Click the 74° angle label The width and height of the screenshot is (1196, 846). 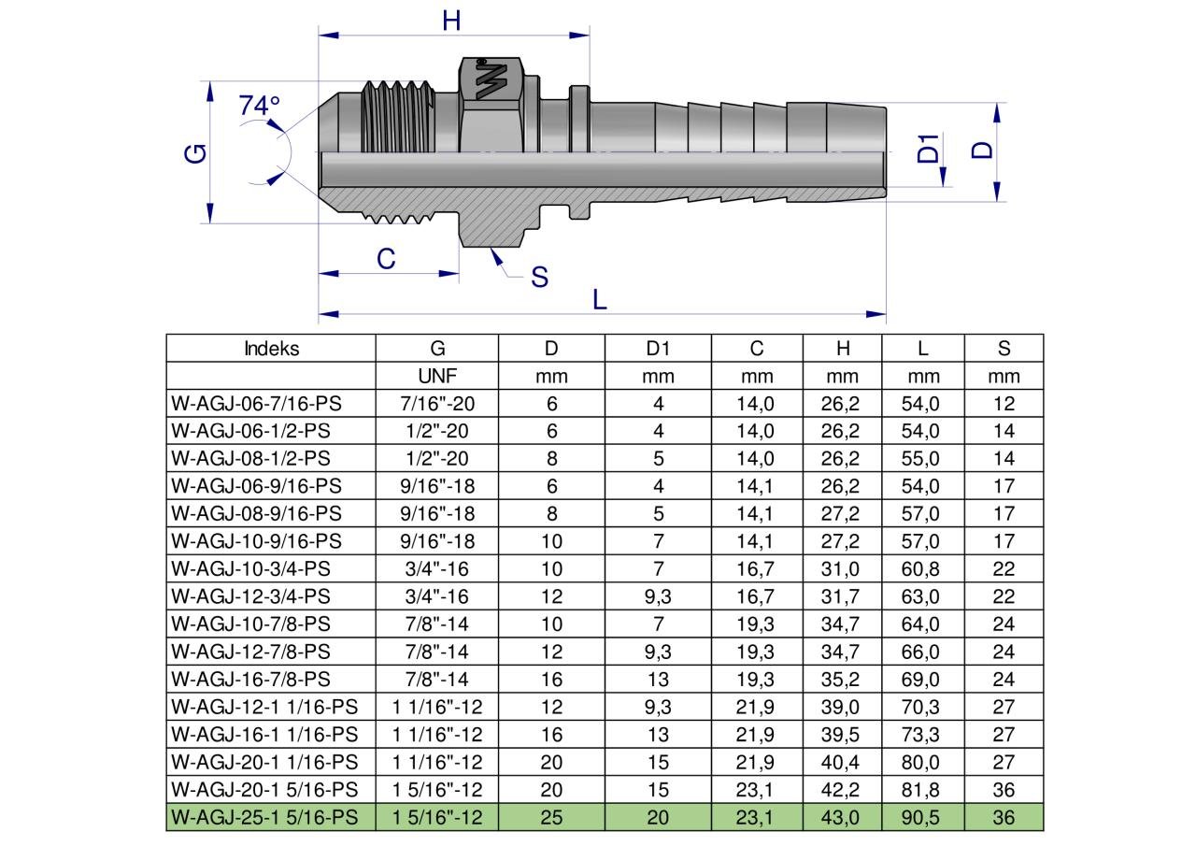(259, 106)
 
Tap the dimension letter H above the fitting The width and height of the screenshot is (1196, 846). (451, 21)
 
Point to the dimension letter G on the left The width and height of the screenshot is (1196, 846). (195, 153)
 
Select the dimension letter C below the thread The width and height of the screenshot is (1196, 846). (386, 259)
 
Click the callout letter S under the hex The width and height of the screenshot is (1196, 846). (539, 278)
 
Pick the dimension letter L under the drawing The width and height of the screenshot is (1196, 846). (600, 300)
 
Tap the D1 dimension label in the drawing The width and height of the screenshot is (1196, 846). (928, 149)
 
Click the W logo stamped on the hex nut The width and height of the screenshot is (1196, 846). (491, 80)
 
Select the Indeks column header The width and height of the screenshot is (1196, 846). (271, 349)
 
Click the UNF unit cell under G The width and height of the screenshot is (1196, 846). (437, 376)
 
